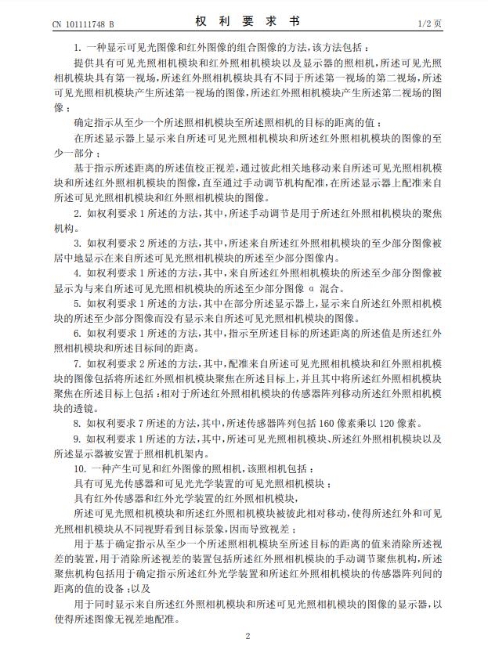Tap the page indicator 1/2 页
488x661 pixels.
coord(429,24)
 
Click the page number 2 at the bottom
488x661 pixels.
coord(246,636)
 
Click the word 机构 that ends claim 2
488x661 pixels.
coord(63,228)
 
